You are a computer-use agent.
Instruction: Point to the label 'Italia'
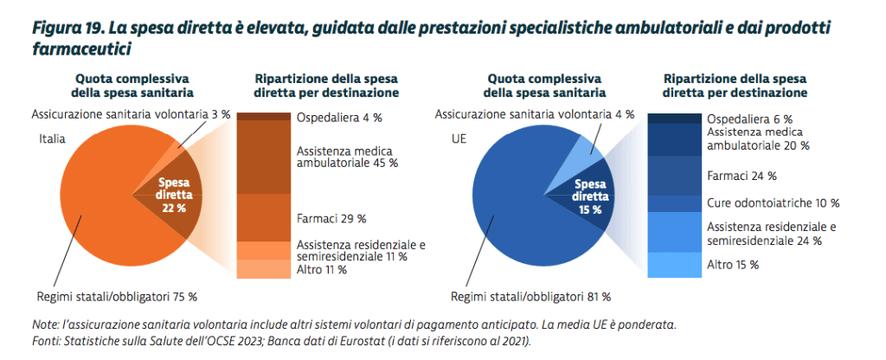pos(54,138)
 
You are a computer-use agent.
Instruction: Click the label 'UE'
pos(458,138)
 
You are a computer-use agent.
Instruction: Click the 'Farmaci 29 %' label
pos(331,218)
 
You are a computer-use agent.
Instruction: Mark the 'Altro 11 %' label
pos(321,269)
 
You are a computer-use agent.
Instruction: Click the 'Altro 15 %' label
pos(733,264)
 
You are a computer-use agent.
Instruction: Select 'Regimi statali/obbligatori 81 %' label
pos(530,297)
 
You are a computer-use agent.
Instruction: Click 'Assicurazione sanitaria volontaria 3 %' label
pos(119,113)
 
